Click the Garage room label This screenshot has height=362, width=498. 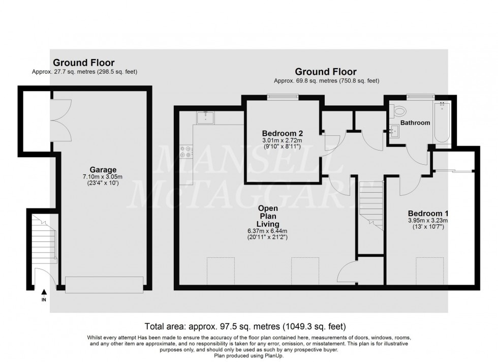coord(104,169)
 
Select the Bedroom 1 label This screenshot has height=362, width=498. coord(427,213)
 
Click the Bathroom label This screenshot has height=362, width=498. coord(415,123)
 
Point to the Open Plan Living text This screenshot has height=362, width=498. coord(268,216)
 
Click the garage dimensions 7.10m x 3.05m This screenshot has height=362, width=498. coord(104,176)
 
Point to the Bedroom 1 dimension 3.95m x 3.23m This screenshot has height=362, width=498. coord(427,221)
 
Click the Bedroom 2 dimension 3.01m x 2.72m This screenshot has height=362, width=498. coord(282,141)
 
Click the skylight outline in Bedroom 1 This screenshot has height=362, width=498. coord(429,268)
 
